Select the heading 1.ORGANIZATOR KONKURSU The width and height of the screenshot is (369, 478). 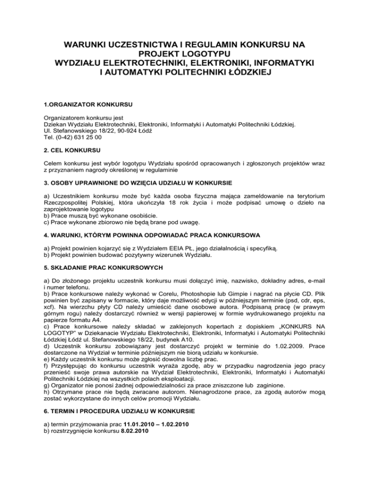(84, 103)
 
